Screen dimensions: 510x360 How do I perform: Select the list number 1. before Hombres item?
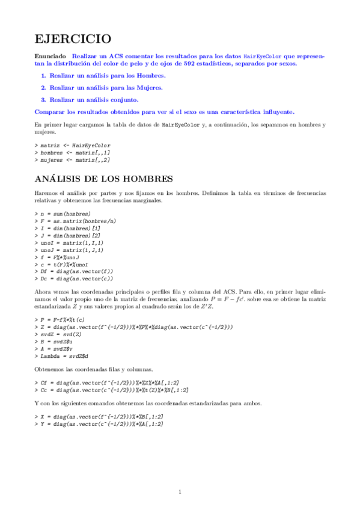(x=43, y=76)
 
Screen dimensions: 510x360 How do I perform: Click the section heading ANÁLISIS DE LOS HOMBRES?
(x=104, y=179)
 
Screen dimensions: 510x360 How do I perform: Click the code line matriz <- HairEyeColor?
(x=75, y=146)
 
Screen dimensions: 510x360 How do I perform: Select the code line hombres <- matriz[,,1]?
(x=75, y=153)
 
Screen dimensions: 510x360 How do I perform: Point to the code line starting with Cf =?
(x=109, y=382)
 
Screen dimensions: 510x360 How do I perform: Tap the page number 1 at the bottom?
(x=180, y=493)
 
